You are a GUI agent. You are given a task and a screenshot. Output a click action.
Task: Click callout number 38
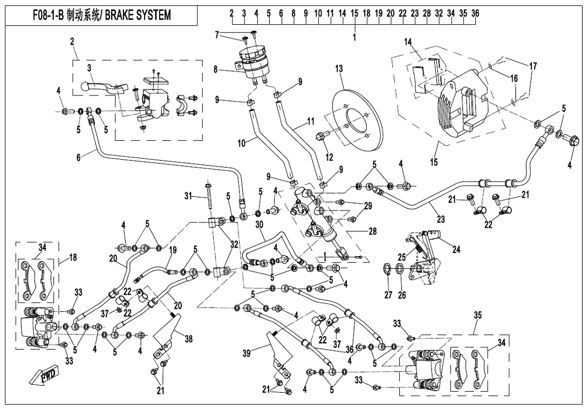click(188, 339)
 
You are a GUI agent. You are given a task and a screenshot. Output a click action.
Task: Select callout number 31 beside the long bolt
click(188, 196)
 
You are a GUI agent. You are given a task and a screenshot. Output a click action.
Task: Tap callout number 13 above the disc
click(339, 69)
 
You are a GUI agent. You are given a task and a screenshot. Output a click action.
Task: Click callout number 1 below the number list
click(354, 37)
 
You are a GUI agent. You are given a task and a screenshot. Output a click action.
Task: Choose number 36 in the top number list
click(475, 13)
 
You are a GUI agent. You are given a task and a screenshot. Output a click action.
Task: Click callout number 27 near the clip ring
click(388, 295)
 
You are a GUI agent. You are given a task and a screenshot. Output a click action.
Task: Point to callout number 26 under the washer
click(402, 295)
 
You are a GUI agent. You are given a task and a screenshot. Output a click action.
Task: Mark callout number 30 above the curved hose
click(259, 224)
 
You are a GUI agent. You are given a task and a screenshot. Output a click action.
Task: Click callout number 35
click(477, 315)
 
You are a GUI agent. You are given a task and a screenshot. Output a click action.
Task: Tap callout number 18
click(73, 257)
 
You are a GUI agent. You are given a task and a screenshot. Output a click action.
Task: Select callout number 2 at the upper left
click(72, 41)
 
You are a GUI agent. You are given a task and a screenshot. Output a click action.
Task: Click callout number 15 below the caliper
click(434, 162)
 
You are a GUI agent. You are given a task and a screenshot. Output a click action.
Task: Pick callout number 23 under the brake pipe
click(441, 219)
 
